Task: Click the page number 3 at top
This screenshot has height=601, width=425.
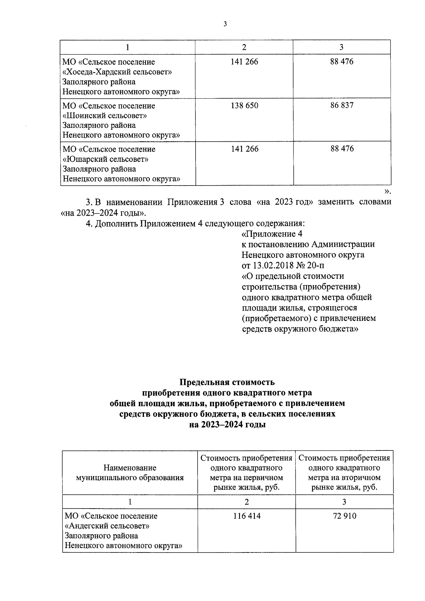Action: [x=225, y=24]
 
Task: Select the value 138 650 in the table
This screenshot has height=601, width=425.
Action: [x=244, y=106]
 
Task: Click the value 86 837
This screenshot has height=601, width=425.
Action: [x=342, y=106]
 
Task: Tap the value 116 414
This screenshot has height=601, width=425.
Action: [x=246, y=516]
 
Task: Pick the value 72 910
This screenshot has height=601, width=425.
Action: [x=345, y=516]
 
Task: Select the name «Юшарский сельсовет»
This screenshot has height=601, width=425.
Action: [x=105, y=159]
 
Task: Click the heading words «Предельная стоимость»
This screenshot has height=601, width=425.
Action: [x=227, y=382]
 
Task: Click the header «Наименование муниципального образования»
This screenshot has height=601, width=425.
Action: [x=130, y=473]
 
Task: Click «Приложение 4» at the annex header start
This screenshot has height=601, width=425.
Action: [x=272, y=234]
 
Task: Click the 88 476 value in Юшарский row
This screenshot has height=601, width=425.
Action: [x=342, y=149]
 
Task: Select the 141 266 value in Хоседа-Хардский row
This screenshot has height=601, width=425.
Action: [x=244, y=62]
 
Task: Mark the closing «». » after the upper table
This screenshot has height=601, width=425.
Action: [x=387, y=192]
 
